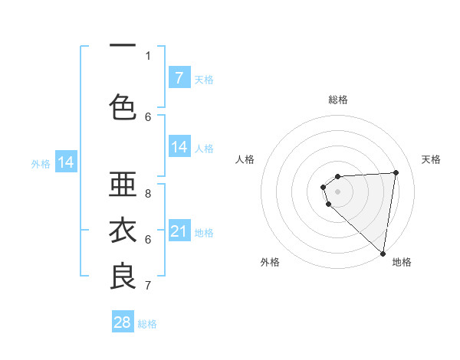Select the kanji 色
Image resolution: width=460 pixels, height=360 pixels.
(123, 107)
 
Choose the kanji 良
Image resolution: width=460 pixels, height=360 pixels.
(123, 276)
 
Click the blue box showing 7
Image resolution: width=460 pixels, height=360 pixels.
(179, 77)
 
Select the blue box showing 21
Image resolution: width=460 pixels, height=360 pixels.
(179, 231)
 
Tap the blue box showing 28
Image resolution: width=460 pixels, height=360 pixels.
(123, 322)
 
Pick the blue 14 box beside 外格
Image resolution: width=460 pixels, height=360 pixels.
(66, 162)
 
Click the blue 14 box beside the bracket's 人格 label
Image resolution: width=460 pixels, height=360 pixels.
(179, 147)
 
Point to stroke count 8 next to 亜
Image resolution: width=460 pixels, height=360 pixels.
(148, 195)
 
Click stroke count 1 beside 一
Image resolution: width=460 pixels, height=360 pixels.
(148, 55)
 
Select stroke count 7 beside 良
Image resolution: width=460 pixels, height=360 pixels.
(148, 286)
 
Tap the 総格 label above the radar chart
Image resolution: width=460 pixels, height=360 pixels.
(338, 100)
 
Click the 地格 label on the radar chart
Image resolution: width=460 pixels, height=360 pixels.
(402, 262)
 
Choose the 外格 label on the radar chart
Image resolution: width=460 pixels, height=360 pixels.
(270, 262)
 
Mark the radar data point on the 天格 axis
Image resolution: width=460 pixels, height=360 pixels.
(396, 172)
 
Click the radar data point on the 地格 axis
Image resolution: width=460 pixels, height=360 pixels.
(383, 254)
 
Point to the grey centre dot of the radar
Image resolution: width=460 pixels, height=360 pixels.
(338, 191)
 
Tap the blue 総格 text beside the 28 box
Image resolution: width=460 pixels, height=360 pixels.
(147, 324)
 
